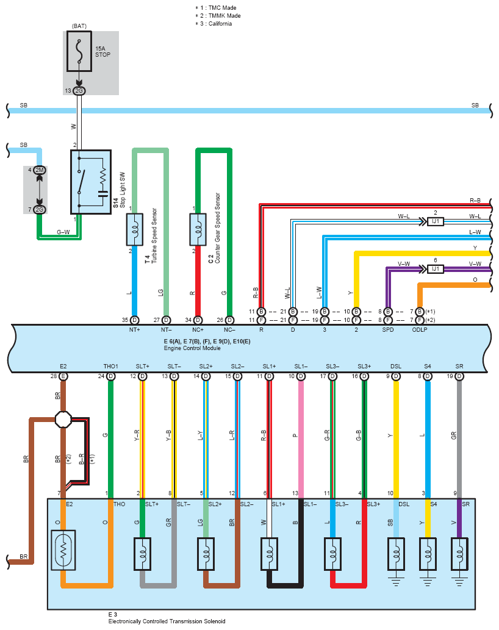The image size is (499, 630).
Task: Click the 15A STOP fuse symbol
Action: point(79,51)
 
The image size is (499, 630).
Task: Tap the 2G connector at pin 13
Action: point(79,91)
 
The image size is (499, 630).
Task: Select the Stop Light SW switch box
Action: point(91,182)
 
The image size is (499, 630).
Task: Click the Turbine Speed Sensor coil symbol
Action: point(135,229)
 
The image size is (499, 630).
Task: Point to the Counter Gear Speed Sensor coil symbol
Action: point(198,229)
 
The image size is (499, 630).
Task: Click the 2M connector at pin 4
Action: point(40,170)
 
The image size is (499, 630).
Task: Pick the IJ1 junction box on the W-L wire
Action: point(435,221)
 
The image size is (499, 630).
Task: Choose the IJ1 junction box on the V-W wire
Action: point(435,269)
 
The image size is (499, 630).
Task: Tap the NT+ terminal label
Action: point(135,330)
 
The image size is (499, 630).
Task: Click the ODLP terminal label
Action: point(420,330)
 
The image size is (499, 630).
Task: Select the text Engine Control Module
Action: point(192,348)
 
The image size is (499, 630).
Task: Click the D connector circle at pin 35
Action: point(135,320)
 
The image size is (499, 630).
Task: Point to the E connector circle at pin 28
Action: point(63,376)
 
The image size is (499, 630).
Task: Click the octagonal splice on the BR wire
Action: point(63,420)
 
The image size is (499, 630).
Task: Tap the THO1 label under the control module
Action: point(111,367)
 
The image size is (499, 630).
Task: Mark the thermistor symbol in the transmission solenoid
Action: point(63,550)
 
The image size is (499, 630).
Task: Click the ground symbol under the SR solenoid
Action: point(459,582)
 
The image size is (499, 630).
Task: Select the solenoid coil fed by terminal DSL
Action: point(396,554)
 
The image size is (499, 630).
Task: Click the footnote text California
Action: point(220,24)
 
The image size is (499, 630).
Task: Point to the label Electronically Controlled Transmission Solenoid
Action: point(167,621)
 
